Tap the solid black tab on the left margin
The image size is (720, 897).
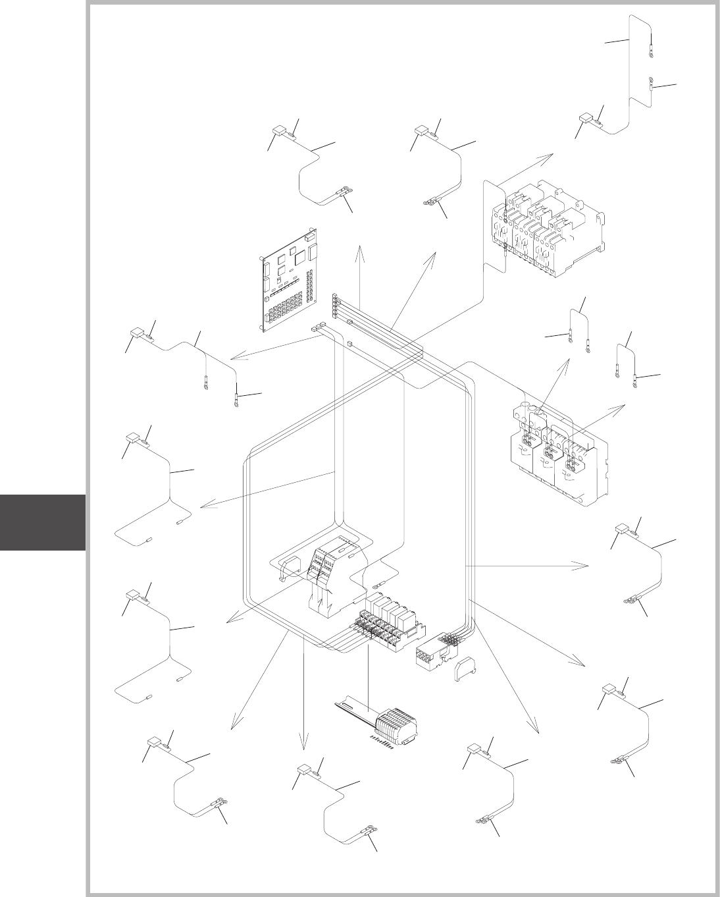coord(43,522)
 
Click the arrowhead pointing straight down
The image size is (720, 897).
coord(303,745)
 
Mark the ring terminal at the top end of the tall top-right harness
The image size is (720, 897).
coord(651,47)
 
